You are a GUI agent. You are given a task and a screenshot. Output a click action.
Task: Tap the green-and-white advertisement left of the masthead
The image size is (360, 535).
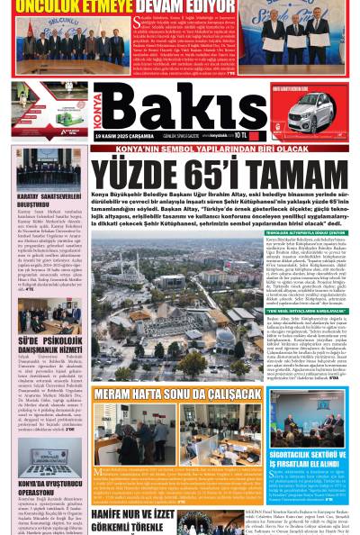[x=42, y=98]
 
